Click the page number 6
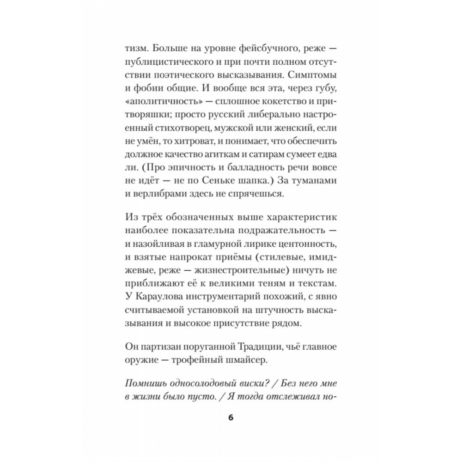(231, 418)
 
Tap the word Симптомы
(313, 74)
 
